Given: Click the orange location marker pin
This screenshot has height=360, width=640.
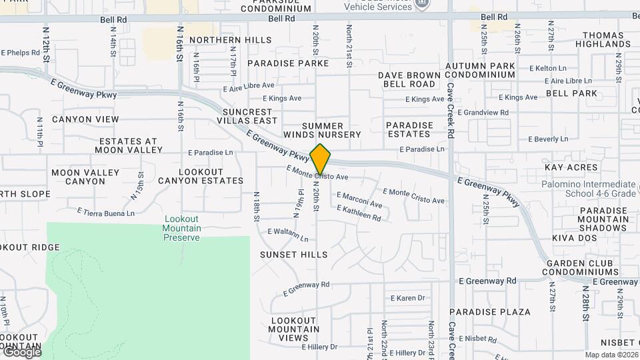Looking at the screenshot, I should point(321,159).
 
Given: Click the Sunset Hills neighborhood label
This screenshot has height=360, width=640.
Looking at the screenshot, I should point(294,255).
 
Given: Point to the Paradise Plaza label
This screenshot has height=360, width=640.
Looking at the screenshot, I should point(490,312).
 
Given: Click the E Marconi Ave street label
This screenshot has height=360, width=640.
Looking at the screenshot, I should point(359,200).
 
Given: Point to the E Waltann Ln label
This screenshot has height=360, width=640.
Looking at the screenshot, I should point(288,235).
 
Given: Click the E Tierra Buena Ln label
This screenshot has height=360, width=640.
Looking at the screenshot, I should point(106,212).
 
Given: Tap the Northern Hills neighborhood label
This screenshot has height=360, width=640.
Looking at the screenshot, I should point(230,40).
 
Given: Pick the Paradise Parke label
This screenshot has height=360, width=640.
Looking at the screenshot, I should point(288,63).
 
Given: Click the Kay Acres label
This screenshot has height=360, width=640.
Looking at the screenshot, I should point(571,167).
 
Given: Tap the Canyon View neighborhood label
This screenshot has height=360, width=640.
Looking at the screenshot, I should point(85,119).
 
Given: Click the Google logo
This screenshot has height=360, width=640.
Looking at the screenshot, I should point(21,352).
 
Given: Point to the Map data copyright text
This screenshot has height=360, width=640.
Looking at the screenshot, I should point(611,355).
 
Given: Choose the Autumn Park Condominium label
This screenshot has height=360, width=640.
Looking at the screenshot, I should point(480,71).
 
